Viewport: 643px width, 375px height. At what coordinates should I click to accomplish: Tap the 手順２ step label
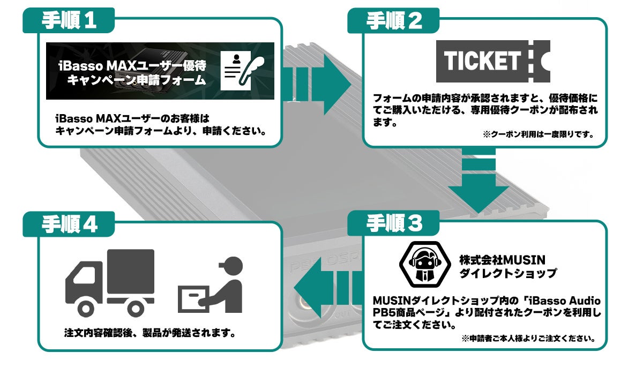coord(394,21)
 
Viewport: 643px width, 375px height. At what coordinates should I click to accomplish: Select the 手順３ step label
coord(394,224)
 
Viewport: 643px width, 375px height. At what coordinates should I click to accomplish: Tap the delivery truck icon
coord(109,281)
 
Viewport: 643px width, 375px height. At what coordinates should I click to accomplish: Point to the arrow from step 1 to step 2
coord(316,84)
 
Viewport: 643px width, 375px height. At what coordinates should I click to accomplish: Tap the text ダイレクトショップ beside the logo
coord(508,274)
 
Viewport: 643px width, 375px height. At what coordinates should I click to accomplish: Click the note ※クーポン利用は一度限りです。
coord(538,134)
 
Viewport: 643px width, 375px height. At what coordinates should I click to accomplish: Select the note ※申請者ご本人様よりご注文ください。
coord(528,338)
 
